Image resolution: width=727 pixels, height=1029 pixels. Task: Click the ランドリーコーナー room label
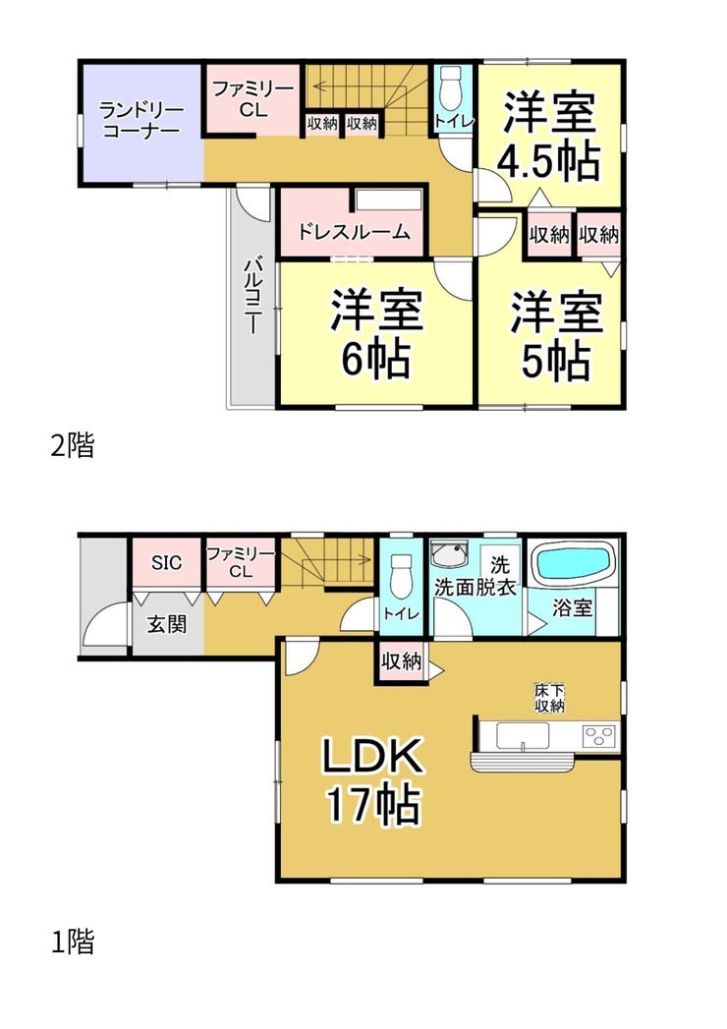140,120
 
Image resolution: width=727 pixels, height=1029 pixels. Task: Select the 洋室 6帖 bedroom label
376,334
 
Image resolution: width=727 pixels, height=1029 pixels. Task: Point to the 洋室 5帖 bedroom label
556,336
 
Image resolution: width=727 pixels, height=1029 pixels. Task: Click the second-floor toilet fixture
452,89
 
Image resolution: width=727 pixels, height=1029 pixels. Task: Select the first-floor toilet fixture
401,574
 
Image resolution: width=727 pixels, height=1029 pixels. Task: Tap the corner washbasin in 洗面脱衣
448,556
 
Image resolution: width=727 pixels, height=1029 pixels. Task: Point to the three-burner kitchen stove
599,734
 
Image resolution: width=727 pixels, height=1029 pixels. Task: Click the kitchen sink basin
523,735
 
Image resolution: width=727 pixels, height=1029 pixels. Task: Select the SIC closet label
167,562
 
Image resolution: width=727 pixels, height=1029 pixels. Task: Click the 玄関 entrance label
167,624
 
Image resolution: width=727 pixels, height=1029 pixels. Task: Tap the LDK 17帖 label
372,780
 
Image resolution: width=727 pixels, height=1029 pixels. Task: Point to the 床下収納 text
549,698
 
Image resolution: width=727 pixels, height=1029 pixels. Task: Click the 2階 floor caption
72,445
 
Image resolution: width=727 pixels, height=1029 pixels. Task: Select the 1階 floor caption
72,942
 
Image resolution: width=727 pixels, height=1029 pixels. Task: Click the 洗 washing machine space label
500,564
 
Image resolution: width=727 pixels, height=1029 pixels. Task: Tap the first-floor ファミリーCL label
241,562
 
